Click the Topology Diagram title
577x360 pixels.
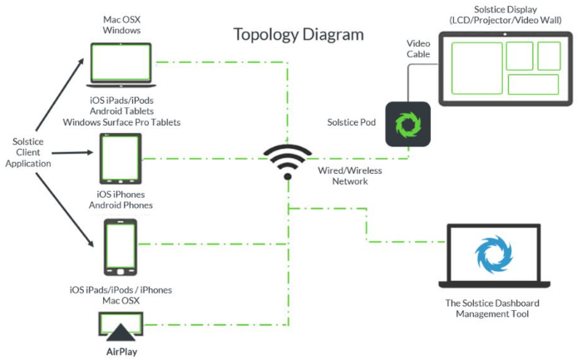298,35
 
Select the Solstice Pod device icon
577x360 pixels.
407,125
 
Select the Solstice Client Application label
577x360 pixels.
28,152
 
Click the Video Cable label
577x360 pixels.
417,47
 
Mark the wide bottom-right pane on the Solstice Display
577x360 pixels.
533,84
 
